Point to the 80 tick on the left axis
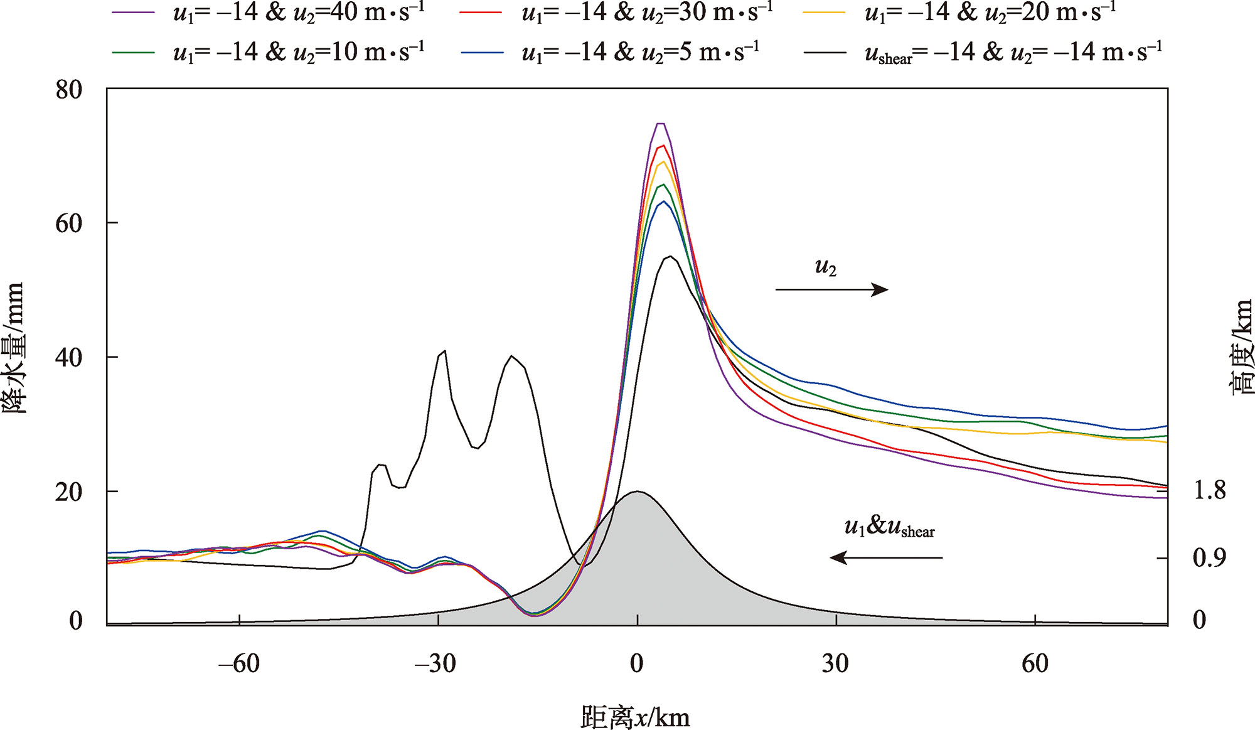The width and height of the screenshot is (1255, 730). [x=69, y=90]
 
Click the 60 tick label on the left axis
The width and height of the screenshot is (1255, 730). [x=69, y=223]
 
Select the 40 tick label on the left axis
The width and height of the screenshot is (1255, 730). [x=69, y=357]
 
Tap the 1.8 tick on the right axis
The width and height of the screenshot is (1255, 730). [x=1209, y=490]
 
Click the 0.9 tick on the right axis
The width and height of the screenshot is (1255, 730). [x=1209, y=557]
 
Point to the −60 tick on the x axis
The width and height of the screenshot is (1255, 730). [x=239, y=663]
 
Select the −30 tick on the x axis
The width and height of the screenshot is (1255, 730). [x=435, y=663]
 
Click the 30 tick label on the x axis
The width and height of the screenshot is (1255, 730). [x=835, y=663]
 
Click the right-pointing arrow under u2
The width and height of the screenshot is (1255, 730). [x=831, y=289]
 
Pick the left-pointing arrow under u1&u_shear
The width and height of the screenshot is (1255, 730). [x=886, y=557]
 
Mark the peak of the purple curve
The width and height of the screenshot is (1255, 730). [x=660, y=124]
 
